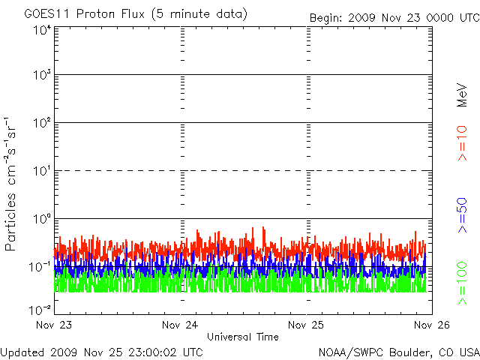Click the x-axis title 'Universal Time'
(242, 337)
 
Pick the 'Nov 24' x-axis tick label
(180, 325)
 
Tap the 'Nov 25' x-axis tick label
(306, 325)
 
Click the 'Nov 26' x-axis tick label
(431, 325)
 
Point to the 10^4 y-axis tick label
(40, 30)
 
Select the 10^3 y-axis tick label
(40, 76)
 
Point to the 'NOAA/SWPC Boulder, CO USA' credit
(397, 352)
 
